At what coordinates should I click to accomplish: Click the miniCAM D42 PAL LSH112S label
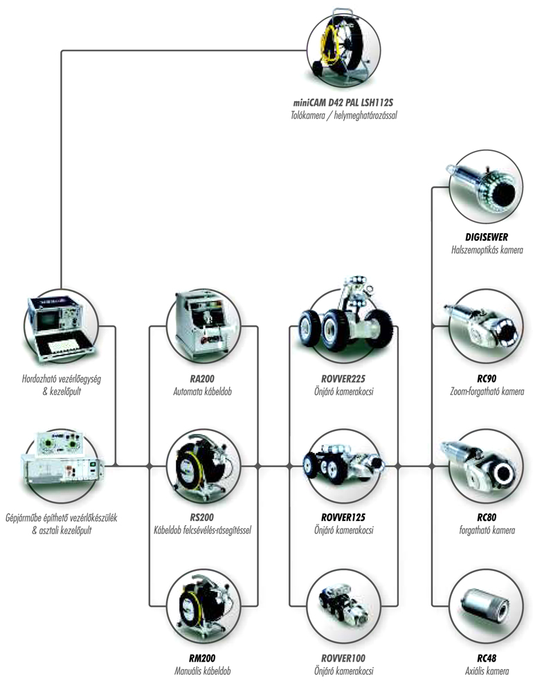click(343, 103)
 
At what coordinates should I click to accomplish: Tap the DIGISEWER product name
click(486, 237)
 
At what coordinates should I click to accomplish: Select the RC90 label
click(486, 378)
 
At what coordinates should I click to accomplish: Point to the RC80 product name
click(486, 518)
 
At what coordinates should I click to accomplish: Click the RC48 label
click(486, 658)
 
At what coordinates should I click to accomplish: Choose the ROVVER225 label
click(343, 378)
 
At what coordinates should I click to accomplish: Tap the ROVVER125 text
click(343, 518)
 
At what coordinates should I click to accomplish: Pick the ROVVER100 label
click(343, 658)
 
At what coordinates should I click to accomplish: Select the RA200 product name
click(202, 378)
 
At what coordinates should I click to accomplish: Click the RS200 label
click(202, 518)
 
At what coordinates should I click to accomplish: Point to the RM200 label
click(202, 658)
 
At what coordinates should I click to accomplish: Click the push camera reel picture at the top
click(343, 48)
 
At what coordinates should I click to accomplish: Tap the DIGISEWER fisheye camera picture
click(485, 187)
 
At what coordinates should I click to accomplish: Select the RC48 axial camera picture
click(486, 607)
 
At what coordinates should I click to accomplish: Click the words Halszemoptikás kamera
click(487, 250)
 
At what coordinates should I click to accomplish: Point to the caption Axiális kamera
click(487, 671)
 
